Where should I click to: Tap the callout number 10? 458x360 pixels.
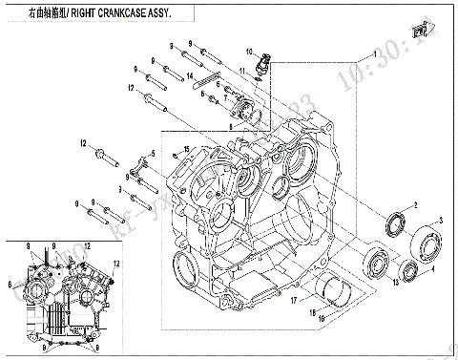point(250,51)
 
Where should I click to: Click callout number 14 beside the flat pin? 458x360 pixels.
point(190,75)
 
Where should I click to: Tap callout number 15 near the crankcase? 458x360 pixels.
point(187,148)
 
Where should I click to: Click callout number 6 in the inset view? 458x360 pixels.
point(10,284)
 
